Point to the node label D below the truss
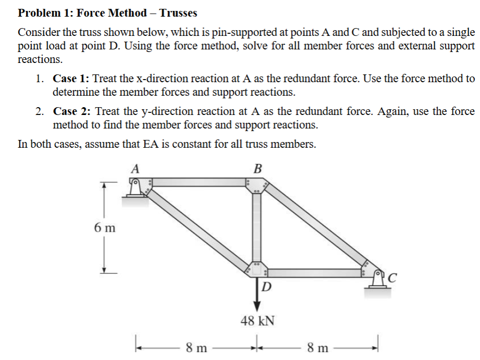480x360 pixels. point(266,287)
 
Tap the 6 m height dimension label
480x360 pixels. point(105,228)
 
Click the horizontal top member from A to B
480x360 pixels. point(198,183)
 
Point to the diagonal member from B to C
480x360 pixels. point(315,226)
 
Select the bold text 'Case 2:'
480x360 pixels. point(72,112)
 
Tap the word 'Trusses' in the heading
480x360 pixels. point(178,12)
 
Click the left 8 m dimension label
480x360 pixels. point(196,347)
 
